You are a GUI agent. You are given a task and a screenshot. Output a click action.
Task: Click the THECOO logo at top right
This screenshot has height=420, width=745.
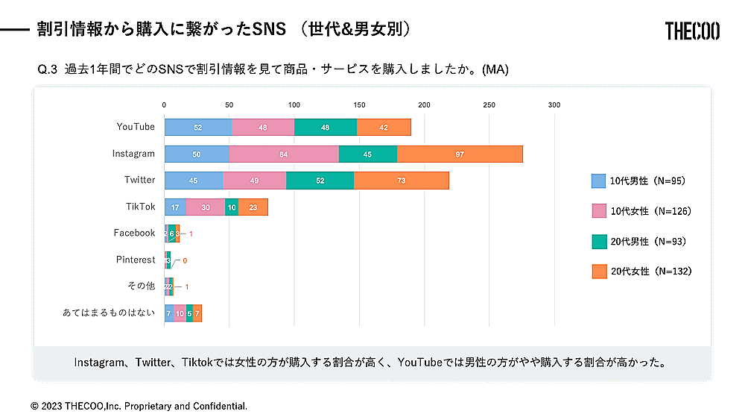coord(692,31)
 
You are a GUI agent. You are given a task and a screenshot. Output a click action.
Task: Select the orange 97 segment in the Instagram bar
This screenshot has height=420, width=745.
coord(460,154)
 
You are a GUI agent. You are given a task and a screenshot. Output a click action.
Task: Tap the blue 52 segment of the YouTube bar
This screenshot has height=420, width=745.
coord(197,127)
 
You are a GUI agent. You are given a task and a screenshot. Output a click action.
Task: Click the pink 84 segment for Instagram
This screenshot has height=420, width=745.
coord(283,154)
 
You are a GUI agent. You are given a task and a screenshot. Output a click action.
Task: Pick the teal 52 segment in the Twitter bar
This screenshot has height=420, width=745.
coord(320,181)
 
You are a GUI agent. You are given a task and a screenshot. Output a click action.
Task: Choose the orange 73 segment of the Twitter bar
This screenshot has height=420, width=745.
coord(402,181)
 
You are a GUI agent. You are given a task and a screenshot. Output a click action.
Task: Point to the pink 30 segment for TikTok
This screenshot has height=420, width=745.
coord(205,207)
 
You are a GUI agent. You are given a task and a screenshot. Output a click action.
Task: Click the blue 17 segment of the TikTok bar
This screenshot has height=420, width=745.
coord(175,207)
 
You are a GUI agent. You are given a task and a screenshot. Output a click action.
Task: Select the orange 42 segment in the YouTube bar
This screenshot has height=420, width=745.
coord(384,127)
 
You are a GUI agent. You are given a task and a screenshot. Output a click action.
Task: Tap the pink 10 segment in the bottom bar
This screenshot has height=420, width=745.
coord(180,313)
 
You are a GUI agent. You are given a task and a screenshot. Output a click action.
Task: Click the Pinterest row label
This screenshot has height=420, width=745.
coord(136,260)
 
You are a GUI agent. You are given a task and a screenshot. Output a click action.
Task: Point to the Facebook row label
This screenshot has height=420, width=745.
coord(134,233)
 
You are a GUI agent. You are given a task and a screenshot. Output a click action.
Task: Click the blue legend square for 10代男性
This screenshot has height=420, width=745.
coord(598,181)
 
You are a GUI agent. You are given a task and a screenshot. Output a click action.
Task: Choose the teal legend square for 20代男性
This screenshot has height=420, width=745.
coord(598,242)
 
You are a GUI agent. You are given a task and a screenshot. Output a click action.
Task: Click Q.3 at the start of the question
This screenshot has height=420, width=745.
coord(48,70)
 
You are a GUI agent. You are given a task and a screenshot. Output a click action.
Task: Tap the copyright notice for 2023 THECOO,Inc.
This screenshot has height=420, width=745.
coord(139,406)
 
